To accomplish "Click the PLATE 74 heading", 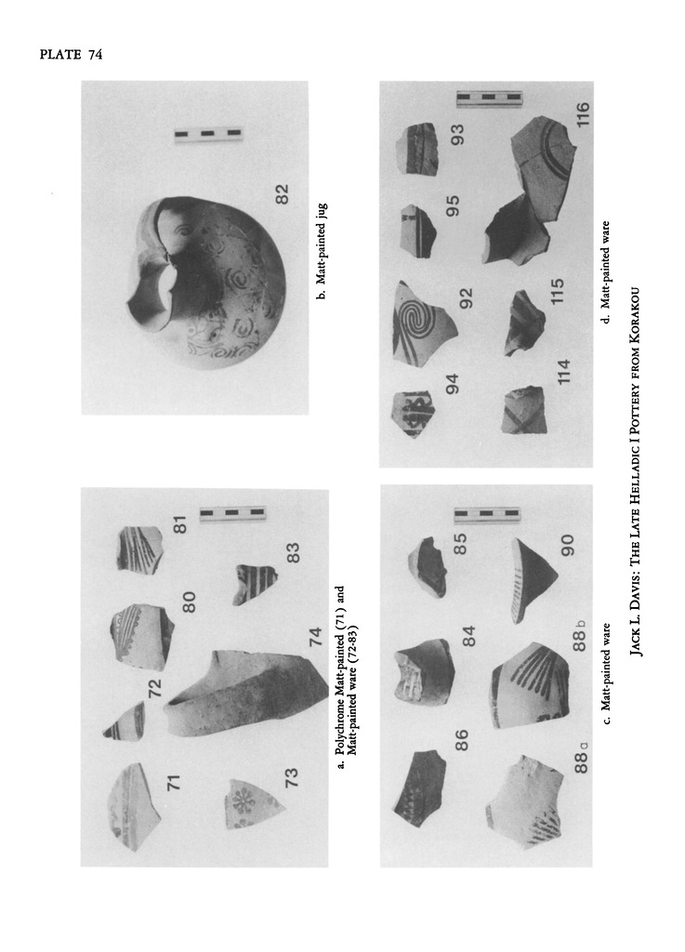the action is (71, 55).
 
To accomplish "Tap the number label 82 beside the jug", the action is (283, 193).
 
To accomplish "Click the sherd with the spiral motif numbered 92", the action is (424, 324).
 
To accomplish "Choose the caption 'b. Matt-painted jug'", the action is (323, 251).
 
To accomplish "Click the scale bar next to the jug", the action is (208, 133).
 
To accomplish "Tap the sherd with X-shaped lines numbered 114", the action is (524, 410).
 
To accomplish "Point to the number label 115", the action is (557, 291).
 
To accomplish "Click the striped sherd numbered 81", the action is (139, 549).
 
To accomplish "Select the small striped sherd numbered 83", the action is (255, 584).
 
